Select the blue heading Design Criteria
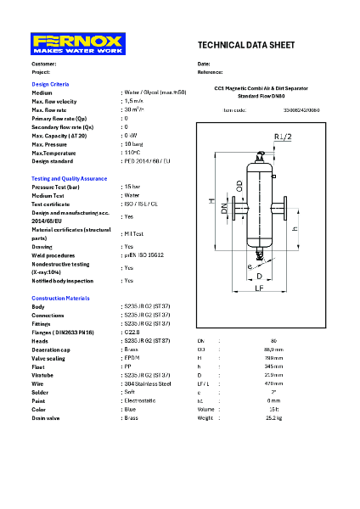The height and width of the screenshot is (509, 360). [50, 85]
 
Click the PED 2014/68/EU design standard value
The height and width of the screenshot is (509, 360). [147, 160]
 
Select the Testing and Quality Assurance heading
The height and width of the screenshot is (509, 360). [69, 179]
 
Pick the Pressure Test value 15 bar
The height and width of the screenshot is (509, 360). [132, 187]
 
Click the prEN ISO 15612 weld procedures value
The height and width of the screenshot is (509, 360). [143, 255]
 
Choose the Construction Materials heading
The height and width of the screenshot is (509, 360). [60, 299]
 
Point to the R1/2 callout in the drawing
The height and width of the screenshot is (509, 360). [283, 137]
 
